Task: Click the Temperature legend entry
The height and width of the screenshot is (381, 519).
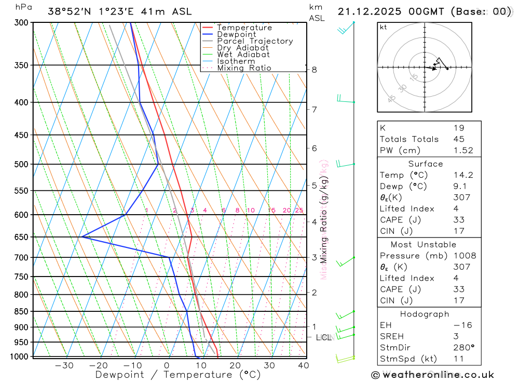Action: tap(244, 28)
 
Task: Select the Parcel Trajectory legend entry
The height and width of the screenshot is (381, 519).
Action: tap(255, 41)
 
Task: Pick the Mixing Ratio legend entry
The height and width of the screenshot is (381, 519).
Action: tap(244, 68)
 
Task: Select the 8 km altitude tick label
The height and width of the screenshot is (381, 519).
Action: tap(314, 70)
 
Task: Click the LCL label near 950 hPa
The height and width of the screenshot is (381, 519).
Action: tap(323, 337)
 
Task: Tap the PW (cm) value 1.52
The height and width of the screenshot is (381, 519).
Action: tap(463, 150)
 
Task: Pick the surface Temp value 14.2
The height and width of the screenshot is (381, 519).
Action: tap(463, 175)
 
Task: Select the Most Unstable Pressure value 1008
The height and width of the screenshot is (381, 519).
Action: tap(464, 256)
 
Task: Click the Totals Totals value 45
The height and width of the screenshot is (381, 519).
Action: tap(459, 139)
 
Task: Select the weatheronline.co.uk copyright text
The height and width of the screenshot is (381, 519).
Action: tap(432, 375)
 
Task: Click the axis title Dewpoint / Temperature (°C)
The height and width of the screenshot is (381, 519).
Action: tap(178, 374)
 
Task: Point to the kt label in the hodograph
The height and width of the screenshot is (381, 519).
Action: tap(384, 27)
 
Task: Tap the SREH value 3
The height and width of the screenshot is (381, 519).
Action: tap(456, 336)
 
